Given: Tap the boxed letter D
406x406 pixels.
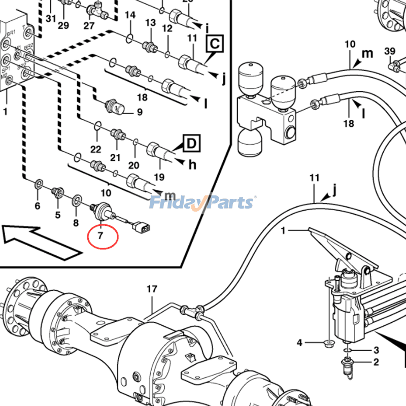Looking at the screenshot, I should tap(191, 144).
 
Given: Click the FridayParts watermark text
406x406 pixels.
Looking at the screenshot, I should tap(202, 202).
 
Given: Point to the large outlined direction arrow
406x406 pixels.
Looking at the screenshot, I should tap(41, 242).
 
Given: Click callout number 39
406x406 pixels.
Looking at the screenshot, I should tap(389, 51).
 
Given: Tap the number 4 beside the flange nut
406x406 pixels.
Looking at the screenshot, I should tap(300, 344).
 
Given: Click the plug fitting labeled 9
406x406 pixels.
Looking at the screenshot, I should tap(110, 107).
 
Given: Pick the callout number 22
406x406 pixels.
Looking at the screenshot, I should tap(96, 149).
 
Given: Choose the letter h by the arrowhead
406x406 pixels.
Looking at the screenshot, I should tap(192, 165).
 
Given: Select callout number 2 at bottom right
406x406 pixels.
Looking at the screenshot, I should tap(376, 362).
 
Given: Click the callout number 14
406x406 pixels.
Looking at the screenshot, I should tap(130, 15).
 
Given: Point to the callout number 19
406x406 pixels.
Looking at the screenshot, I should tap(160, 177).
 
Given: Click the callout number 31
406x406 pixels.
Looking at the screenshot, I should tap(50, 19).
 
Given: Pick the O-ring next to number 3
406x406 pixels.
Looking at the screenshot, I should tap(347, 350).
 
